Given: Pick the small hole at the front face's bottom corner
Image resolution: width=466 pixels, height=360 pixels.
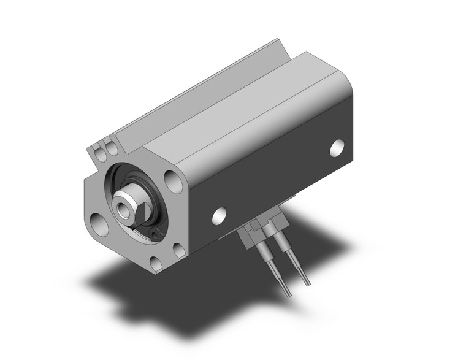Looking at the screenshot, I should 156,264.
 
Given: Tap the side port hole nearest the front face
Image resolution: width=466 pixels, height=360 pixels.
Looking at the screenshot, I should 219,215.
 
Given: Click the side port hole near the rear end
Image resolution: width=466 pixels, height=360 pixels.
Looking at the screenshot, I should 337,148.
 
